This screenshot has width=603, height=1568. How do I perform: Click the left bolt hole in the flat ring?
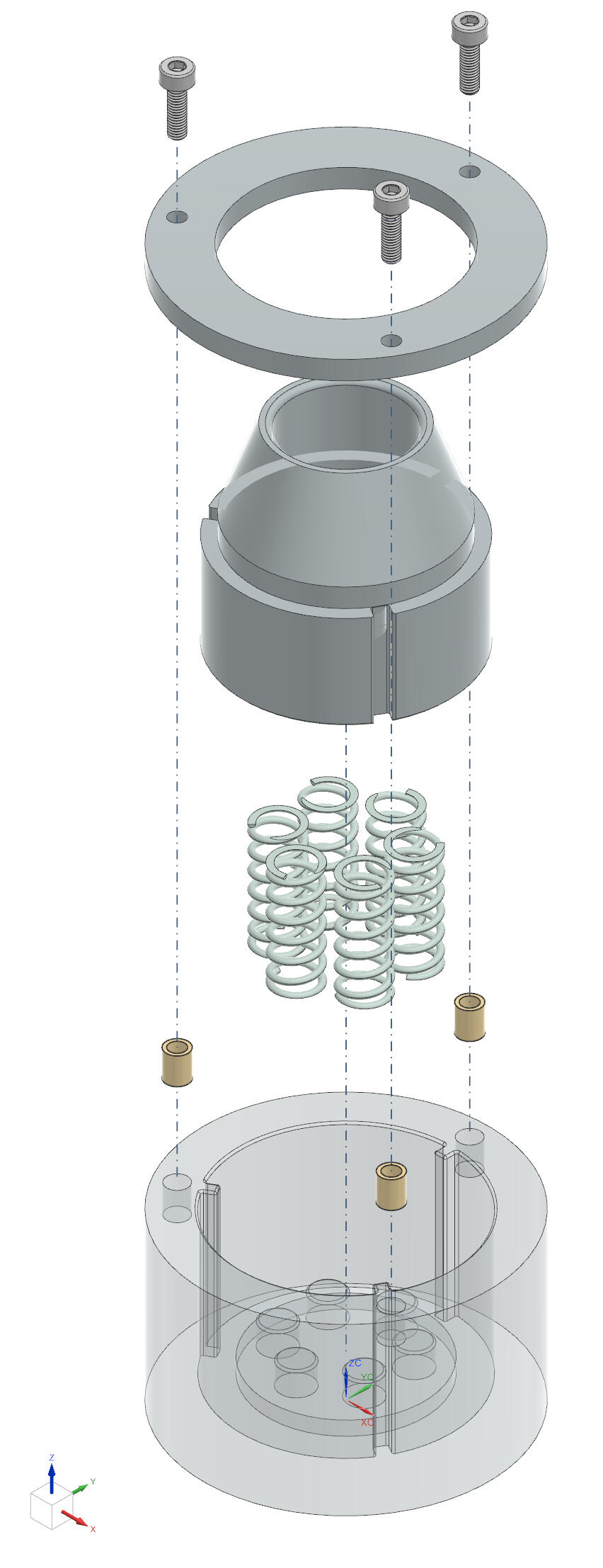click(177, 216)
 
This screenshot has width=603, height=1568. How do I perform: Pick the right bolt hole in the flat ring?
click(470, 171)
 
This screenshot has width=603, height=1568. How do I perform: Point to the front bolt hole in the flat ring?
click(391, 341)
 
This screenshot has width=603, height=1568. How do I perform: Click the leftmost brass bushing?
click(177, 1062)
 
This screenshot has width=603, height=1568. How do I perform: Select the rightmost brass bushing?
click(469, 1017)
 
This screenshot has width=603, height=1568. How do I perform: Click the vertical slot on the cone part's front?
click(384, 663)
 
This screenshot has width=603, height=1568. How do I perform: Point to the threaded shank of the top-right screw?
click(469, 68)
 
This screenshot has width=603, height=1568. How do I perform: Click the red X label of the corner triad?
click(93, 1529)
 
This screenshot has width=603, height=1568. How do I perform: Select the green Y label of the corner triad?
click(93, 1481)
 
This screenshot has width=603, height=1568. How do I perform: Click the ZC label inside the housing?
click(355, 1363)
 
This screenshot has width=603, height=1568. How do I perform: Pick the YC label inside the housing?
click(367, 1377)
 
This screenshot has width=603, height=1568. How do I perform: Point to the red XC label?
click(367, 1422)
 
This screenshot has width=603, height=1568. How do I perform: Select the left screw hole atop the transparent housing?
click(177, 1182)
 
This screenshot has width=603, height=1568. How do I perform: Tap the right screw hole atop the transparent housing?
click(469, 1137)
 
